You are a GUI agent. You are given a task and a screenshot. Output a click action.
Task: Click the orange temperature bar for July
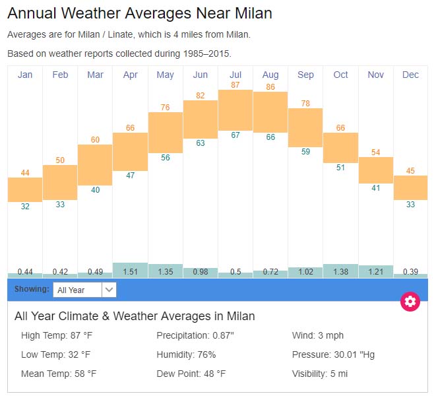(x=235, y=110)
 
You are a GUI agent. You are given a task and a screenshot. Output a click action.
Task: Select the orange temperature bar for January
(x=25, y=189)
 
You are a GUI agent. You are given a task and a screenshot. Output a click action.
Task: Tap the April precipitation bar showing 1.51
(x=130, y=270)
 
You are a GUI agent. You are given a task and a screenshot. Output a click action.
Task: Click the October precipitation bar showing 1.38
(x=340, y=271)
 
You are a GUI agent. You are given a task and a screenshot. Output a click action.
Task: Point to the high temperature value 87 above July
(x=235, y=85)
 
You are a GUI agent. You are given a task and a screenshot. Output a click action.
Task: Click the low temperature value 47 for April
(x=131, y=176)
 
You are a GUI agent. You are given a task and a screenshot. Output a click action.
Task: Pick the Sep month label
(x=305, y=75)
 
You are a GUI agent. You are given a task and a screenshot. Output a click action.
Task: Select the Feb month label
(x=60, y=75)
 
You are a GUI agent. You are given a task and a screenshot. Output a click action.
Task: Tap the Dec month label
(x=410, y=75)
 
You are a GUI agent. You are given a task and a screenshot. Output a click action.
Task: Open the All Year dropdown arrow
(x=109, y=290)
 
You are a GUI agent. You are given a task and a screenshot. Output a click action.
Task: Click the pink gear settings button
(x=410, y=302)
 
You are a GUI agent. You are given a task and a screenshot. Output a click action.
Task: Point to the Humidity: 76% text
(x=186, y=354)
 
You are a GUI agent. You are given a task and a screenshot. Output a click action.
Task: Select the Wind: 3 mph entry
(x=318, y=335)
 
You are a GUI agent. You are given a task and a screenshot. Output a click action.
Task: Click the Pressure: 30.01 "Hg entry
(x=333, y=354)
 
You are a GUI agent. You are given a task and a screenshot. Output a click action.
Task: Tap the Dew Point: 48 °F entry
(x=191, y=374)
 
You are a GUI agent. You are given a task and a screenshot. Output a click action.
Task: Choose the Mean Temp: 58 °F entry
(x=59, y=374)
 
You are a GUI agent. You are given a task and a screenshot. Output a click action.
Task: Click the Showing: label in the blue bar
(x=32, y=289)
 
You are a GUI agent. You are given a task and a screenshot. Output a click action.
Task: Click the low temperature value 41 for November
(x=375, y=188)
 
